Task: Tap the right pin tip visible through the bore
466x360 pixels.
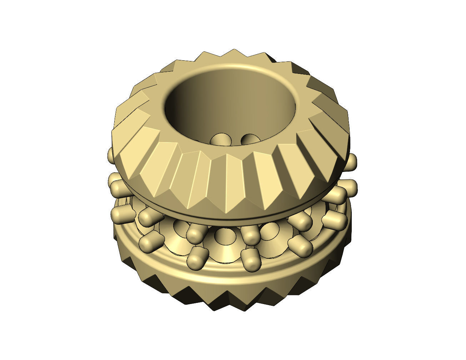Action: (249, 139)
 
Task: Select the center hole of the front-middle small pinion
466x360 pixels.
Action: (224, 236)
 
